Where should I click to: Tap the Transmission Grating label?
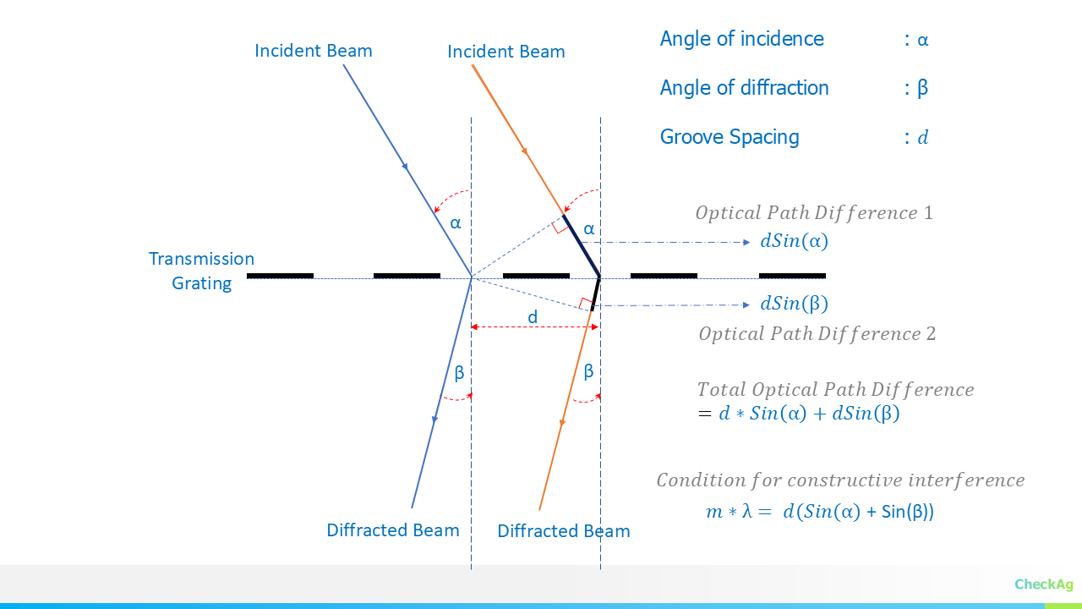[201, 271]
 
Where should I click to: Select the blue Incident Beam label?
[313, 51]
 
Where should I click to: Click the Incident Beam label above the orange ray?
[505, 52]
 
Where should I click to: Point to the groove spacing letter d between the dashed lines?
[533, 316]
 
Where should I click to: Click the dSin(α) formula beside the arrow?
[794, 241]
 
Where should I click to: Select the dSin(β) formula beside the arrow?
[794, 304]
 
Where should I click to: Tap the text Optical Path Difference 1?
[814, 212]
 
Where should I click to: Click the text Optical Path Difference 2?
[817, 333]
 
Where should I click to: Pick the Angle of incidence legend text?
[741, 39]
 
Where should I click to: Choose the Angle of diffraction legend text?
[744, 88]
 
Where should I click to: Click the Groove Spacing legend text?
[729, 137]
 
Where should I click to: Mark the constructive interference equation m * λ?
[819, 512]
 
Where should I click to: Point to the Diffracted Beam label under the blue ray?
[393, 530]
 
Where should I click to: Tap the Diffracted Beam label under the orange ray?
[564, 531]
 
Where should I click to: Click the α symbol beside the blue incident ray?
[456, 223]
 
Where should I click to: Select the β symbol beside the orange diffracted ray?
[588, 370]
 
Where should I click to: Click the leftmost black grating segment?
[280, 276]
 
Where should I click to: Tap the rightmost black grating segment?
[792, 276]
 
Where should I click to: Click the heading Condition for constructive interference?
[840, 480]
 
